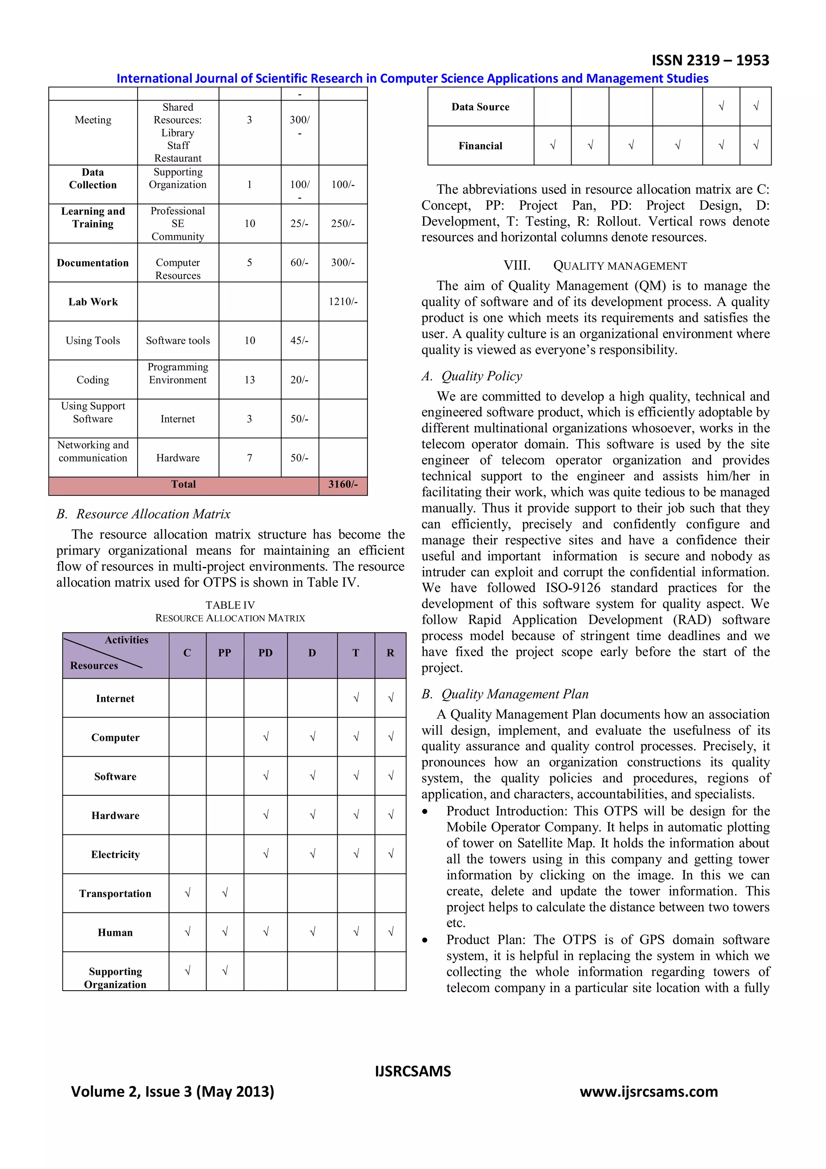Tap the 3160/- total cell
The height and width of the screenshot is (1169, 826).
tap(342, 484)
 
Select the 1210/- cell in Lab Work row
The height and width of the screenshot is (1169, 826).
tap(342, 301)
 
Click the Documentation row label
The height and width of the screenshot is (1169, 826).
tap(93, 263)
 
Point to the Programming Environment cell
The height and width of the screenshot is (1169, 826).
tap(177, 373)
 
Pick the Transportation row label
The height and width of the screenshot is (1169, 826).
tap(115, 893)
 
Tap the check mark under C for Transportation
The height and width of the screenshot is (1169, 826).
tap(187, 893)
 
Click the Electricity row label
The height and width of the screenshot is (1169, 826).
tap(115, 854)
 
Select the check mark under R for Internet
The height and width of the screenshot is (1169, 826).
tap(390, 698)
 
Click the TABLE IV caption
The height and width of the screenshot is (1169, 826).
tap(230, 605)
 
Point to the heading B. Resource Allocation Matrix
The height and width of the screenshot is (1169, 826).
tap(144, 514)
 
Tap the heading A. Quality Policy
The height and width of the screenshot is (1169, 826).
tap(472, 376)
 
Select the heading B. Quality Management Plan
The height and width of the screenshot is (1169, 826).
tap(505, 694)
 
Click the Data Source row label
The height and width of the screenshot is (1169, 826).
tap(480, 107)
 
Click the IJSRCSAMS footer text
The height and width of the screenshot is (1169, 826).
tap(413, 1071)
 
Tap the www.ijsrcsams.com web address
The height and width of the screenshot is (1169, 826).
tap(649, 1092)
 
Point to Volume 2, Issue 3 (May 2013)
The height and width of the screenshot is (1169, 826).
tap(173, 1092)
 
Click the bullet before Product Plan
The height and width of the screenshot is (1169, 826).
tap(425, 940)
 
